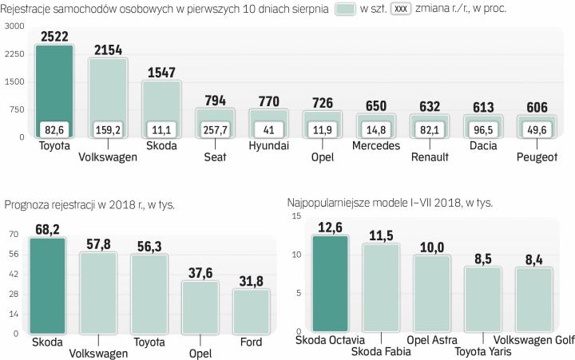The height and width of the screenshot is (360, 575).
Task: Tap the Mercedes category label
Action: coord(376,146)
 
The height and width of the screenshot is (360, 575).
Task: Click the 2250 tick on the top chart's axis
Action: coord(14,54)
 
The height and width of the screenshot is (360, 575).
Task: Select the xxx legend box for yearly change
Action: coord(402,9)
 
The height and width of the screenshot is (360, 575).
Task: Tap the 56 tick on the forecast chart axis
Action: coord(14,254)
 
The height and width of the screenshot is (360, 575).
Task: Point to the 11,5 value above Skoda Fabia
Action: coord(380,235)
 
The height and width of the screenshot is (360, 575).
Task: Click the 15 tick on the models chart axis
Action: coord(296,216)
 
